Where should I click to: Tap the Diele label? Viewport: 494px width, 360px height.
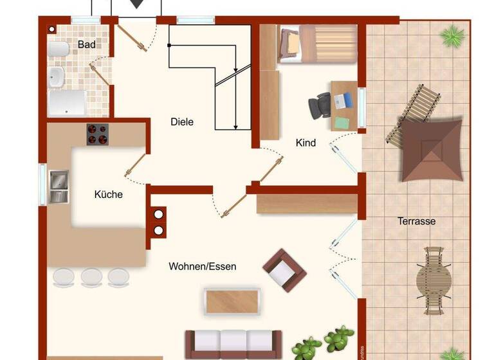coord(182,122)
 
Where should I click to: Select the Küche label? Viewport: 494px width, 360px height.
coord(108,194)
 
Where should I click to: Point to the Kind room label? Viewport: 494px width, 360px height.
coord(306,143)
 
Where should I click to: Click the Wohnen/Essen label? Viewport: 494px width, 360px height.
coord(203,266)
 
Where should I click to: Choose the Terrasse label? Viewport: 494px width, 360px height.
coord(416,221)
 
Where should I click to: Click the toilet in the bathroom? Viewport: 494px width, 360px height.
coord(59,50)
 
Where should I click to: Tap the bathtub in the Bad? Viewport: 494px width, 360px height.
coord(67,103)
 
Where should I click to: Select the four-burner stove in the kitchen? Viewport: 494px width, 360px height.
coord(98,134)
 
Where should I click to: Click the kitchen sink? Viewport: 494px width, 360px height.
coord(59,186)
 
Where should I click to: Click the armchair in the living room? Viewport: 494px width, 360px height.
coord(284,270)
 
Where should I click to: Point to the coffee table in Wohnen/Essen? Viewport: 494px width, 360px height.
coord(232,300)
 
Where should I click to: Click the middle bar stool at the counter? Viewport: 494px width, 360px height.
coord(91,277)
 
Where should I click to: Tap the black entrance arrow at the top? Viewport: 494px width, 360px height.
coord(136,4)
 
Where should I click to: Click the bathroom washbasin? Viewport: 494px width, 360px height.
coord(57,76)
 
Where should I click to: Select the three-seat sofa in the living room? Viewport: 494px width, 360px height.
coord(233,343)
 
